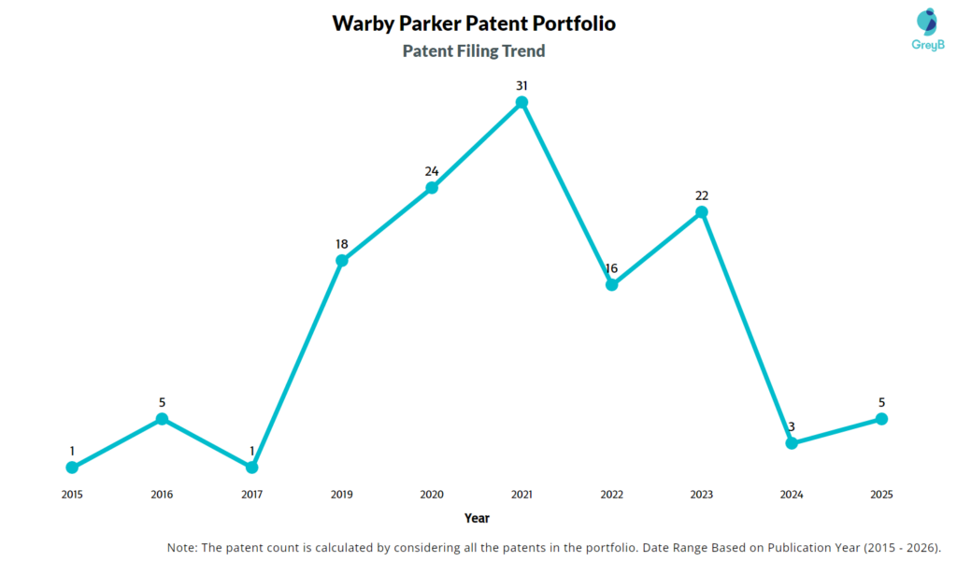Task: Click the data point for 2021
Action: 521,102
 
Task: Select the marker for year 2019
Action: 342,260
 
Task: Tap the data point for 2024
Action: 792,443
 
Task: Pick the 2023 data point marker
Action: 701,212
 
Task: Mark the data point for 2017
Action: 251,467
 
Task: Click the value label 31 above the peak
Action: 521,85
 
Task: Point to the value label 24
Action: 432,171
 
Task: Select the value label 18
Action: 342,243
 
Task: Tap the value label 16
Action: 611,268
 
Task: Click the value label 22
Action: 701,195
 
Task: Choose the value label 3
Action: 792,427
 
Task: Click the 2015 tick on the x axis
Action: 72,494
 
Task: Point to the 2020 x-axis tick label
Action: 432,494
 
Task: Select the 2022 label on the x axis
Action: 611,494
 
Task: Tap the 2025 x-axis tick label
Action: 880,494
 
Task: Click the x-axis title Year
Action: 477,517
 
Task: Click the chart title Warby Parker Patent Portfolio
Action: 474,23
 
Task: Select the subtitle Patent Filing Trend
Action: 474,51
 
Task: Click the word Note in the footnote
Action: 183,547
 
